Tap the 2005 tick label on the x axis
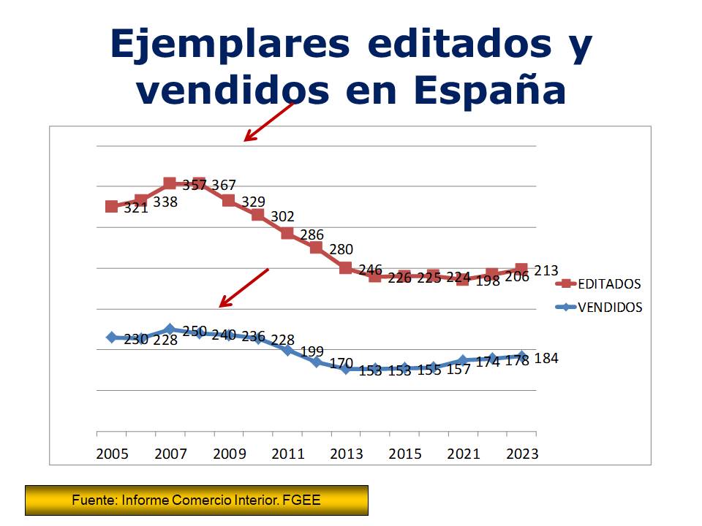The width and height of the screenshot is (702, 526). coord(112,454)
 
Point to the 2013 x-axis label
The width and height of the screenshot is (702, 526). coord(346,454)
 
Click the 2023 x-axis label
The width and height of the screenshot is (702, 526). coord(522,454)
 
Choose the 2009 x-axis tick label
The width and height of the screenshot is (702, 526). coord(229,454)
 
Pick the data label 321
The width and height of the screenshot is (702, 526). coord(136,207)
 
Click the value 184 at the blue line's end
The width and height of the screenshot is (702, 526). coord(546,359)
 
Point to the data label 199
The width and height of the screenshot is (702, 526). coord(312,351)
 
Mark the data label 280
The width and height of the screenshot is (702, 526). coord(341,250)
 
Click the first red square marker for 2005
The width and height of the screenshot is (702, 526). coord(112,207)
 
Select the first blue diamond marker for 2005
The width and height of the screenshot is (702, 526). coord(112,337)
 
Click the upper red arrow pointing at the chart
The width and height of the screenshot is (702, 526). coord(268,121)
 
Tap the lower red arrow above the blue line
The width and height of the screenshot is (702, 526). coord(244,288)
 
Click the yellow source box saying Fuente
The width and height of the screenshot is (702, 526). coord(197,500)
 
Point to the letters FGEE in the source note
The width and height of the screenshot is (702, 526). coord(302,500)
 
